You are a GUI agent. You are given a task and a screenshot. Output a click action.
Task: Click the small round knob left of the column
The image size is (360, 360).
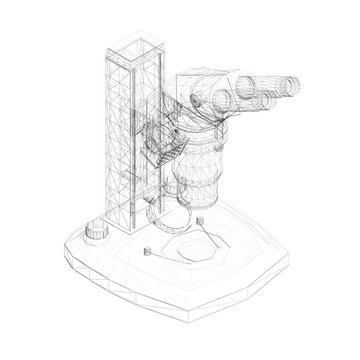pos(96,258)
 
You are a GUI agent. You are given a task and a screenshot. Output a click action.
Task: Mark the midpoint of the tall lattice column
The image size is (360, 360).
pos(126,150)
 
